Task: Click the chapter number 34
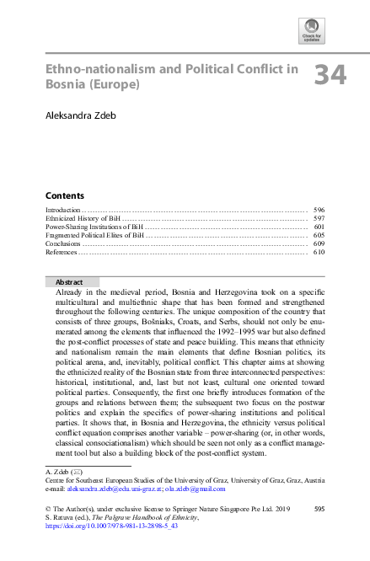point(330,76)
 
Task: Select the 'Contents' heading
point(64,194)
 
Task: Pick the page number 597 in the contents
point(319,217)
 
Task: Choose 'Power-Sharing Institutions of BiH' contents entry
point(94,227)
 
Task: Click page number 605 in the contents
point(319,235)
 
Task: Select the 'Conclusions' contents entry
point(63,243)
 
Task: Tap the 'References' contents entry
point(62,252)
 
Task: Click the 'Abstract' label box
point(71,282)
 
